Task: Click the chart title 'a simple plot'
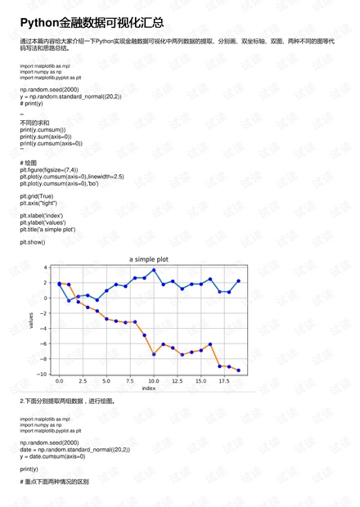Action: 149,258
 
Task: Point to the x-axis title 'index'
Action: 149,388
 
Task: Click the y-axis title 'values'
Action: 32,320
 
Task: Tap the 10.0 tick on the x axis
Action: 154,381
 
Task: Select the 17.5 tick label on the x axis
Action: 224,381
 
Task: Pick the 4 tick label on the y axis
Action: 47,267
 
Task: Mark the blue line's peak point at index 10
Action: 154,270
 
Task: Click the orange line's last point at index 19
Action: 239,370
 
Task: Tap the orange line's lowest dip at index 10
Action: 154,354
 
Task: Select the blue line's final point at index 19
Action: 239,280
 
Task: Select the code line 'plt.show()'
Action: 34,242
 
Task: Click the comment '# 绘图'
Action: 29,163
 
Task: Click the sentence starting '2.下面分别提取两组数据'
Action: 73,402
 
